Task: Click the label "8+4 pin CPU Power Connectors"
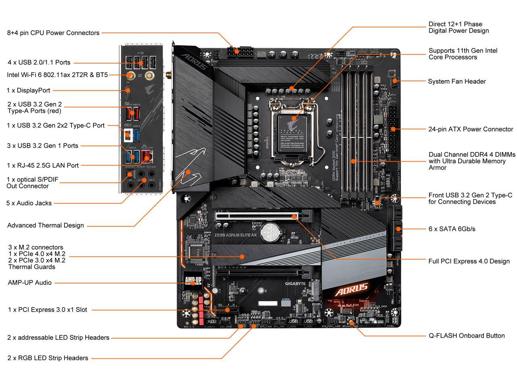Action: click(53, 33)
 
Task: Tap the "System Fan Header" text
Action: click(457, 81)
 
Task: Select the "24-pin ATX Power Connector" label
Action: click(471, 129)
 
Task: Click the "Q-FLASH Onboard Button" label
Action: click(467, 335)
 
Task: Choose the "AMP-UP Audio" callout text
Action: click(29, 283)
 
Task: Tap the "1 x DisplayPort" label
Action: click(28, 90)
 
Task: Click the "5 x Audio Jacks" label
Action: click(29, 203)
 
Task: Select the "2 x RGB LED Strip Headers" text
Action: click(48, 358)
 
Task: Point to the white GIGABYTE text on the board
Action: click(296, 284)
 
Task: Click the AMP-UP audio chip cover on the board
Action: click(193, 280)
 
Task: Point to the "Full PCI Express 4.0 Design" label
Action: click(469, 261)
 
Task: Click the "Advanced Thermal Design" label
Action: click(46, 225)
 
